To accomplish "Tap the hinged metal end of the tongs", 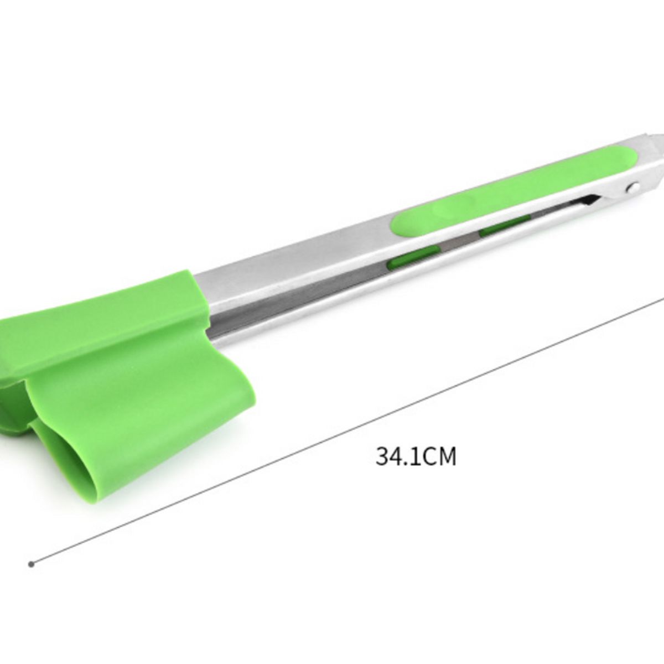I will pos(645,166).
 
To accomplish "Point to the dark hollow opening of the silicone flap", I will pos(61,465).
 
